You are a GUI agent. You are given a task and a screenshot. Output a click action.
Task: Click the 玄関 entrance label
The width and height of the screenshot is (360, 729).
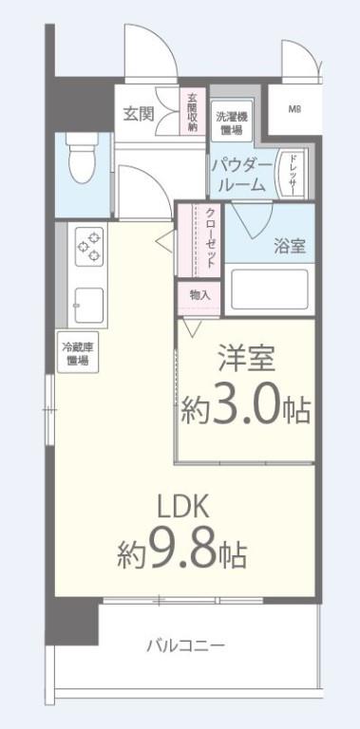click(x=138, y=114)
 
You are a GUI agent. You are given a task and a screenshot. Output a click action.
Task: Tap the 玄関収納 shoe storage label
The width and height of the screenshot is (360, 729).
click(x=192, y=112)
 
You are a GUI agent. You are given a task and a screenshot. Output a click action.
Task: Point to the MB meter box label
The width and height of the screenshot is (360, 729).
click(x=295, y=107)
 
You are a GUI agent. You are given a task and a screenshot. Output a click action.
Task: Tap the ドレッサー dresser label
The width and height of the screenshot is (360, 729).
click(x=294, y=174)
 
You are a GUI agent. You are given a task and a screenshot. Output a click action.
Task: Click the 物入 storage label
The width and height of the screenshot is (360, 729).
click(x=199, y=295)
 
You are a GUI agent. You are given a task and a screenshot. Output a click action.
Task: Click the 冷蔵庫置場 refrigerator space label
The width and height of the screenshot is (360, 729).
click(x=77, y=354)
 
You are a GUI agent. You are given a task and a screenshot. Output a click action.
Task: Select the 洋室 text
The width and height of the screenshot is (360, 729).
click(x=248, y=363)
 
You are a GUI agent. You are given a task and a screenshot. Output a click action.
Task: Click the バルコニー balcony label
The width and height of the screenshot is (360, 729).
click(x=185, y=646)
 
